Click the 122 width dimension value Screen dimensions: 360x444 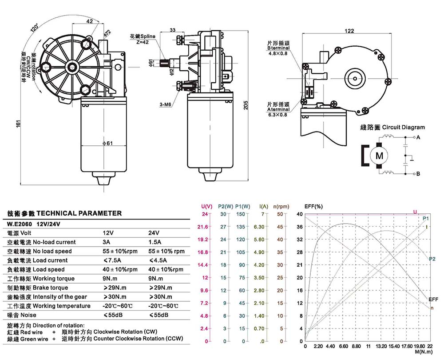[x=349, y=31]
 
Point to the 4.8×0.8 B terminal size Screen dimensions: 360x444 [x=278, y=53]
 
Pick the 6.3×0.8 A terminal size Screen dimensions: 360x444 [x=277, y=115]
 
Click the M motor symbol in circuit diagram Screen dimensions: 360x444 [x=379, y=156]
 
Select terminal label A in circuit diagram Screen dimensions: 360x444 [x=418, y=138]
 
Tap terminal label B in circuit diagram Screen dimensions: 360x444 [x=418, y=174]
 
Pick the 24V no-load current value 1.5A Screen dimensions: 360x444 [x=154, y=242]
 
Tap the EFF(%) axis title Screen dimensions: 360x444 [x=313, y=206]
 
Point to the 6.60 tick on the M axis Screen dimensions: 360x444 [x=343, y=346]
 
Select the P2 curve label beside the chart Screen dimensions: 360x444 [x=432, y=259]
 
